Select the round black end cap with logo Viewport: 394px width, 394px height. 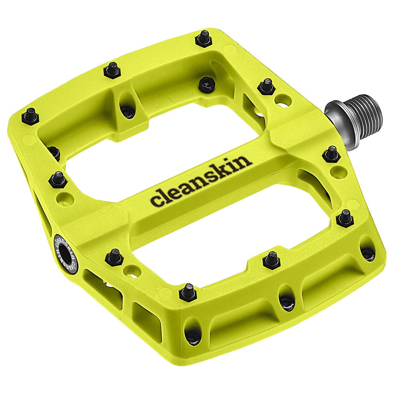click(x=65, y=254)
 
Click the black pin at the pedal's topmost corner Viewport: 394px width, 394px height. click(x=204, y=39)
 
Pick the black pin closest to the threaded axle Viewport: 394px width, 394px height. click(x=331, y=154)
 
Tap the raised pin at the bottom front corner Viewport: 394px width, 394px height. click(x=188, y=292)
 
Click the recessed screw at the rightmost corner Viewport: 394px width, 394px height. click(x=368, y=253)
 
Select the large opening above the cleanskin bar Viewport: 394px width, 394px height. click(x=165, y=134)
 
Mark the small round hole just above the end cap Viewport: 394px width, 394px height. click(x=65, y=199)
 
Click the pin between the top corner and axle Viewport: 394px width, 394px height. click(x=267, y=86)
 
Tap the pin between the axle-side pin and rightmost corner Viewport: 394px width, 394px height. click(x=345, y=217)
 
